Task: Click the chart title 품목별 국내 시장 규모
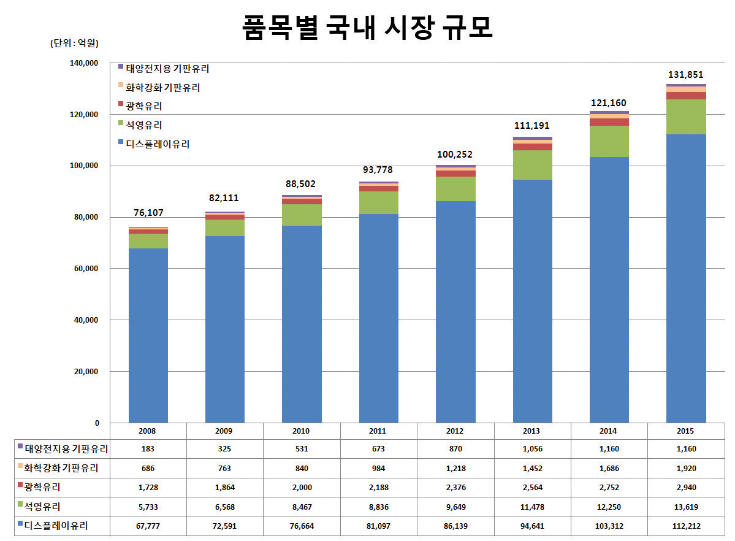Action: [x=367, y=28]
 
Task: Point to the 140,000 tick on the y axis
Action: [x=85, y=63]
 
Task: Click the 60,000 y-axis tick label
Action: [x=87, y=269]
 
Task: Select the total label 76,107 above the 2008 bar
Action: [x=148, y=213]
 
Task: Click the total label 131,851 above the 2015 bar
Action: [x=685, y=75]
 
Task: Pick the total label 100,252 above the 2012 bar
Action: [x=455, y=155]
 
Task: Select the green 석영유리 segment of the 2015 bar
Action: [x=685, y=117]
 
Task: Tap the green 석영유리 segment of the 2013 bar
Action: [x=532, y=165]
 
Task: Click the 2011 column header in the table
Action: [x=378, y=431]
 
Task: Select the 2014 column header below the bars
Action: [x=609, y=431]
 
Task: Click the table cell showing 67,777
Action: [x=148, y=526]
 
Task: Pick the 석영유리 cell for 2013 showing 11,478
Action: [x=532, y=507]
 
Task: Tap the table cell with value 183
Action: [x=148, y=449]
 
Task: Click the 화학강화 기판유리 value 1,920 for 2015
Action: [x=685, y=469]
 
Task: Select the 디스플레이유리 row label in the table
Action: [x=56, y=526]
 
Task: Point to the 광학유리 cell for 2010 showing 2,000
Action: [x=302, y=488]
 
